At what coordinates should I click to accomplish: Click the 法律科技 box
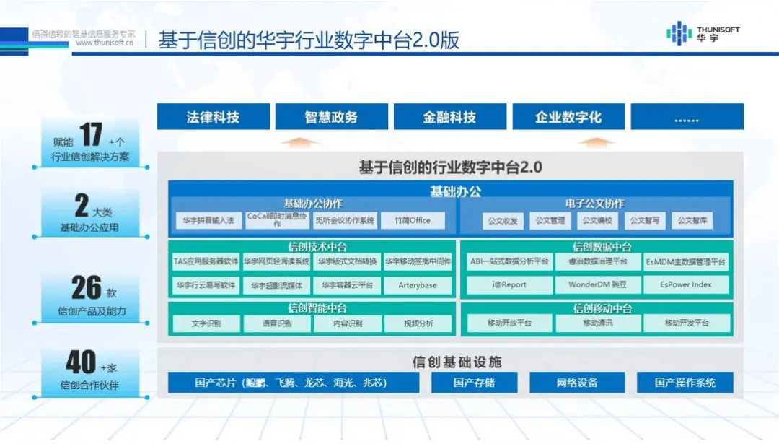pos(213,117)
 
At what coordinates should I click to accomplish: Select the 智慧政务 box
pos(331,117)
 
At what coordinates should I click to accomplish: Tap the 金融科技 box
pos(449,117)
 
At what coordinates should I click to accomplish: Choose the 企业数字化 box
pos(568,117)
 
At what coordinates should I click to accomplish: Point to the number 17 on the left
pos(90,136)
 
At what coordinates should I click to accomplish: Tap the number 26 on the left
pos(86,288)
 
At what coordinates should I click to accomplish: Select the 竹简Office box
pos(413,220)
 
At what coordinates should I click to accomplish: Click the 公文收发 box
pos(503,221)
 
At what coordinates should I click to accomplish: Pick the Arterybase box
pos(418,285)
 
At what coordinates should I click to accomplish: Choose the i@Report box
pos(509,284)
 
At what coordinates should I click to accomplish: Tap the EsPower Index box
pos(685,284)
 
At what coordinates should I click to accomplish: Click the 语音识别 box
pos(277,324)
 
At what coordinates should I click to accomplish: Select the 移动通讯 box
pos(598,323)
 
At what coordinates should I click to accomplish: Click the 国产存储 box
pos(474,383)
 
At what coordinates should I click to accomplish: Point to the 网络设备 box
pos(577,383)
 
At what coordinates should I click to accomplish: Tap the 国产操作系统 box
pos(685,383)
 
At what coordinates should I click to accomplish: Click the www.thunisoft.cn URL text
pos(105,43)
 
